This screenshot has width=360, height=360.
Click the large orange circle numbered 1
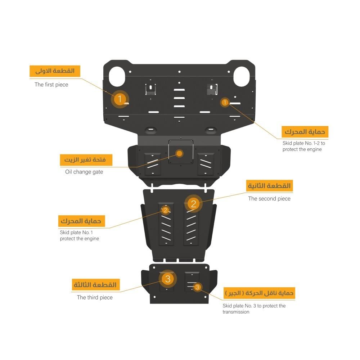(120, 99)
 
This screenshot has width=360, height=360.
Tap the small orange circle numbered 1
(225, 102)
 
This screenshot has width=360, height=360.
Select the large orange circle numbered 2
(194, 204)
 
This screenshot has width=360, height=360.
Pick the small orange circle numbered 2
(166, 210)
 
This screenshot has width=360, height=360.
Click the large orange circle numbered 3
(168, 279)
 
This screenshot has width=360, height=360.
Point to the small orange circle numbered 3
(197, 287)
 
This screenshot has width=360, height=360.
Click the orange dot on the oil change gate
(179, 153)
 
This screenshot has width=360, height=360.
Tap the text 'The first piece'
(51, 85)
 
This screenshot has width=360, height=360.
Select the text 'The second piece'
(269, 199)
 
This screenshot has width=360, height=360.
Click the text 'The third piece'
(95, 297)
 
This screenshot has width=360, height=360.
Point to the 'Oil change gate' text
(84, 172)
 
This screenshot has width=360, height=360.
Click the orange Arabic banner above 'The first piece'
(55, 71)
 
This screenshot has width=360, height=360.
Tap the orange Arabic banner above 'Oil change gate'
(86, 160)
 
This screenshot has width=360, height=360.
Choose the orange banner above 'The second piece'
(270, 186)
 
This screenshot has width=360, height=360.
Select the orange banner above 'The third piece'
(95, 285)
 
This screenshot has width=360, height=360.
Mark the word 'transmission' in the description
(236, 312)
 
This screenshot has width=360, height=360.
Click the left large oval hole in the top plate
(117, 76)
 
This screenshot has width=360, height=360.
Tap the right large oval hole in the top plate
(242, 76)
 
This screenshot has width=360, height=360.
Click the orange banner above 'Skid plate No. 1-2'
(305, 132)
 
